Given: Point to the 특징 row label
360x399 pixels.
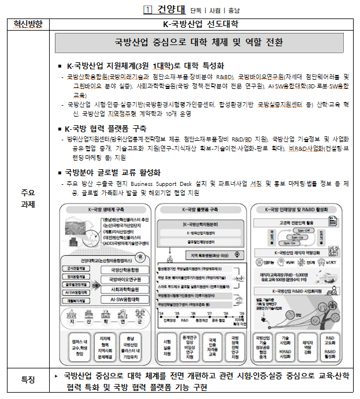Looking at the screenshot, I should click(28, 379).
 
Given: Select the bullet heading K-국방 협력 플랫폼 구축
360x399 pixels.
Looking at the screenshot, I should click(106, 128).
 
